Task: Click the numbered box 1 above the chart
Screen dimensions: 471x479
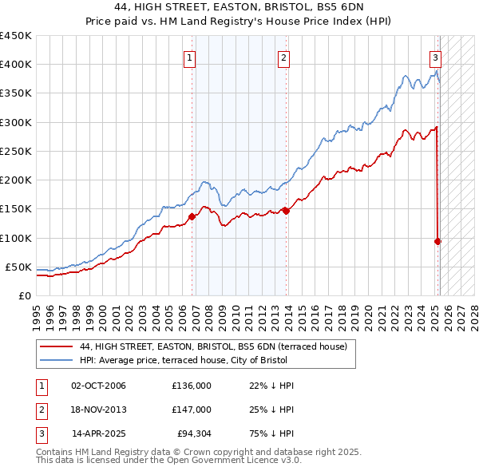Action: click(190, 57)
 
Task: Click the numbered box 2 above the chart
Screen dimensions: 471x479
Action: click(283, 57)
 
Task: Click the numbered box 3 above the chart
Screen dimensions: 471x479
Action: click(435, 57)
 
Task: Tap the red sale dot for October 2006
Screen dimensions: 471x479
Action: click(192, 216)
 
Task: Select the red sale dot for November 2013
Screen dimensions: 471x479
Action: click(287, 211)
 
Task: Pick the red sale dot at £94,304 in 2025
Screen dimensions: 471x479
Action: click(438, 241)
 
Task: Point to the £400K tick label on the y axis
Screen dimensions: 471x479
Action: click(15, 65)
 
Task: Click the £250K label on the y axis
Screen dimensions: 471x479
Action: click(15, 151)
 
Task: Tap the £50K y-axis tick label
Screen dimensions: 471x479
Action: click(18, 267)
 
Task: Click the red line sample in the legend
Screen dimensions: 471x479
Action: click(56, 347)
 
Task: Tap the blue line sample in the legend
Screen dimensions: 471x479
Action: click(56, 360)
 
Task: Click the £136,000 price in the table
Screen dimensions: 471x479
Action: click(192, 386)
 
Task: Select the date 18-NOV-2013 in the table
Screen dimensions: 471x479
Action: click(99, 410)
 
